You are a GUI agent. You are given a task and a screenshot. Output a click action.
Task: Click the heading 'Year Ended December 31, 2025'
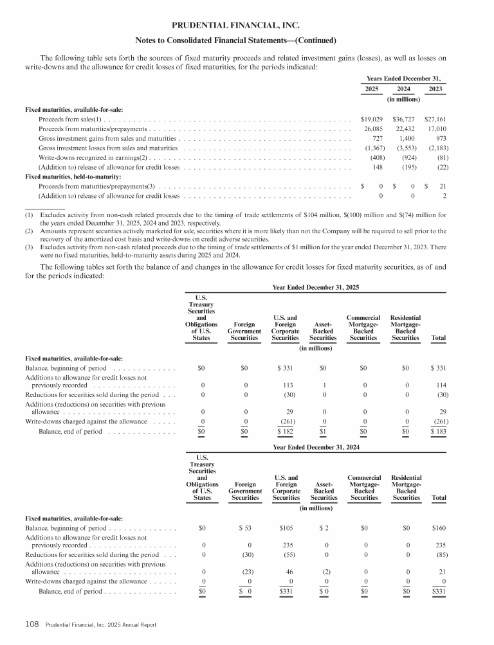[x=315, y=288]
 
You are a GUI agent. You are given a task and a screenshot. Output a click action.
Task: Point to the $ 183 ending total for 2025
[x=438, y=432]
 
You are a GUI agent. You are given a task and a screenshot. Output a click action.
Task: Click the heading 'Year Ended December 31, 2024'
[x=315, y=446]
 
